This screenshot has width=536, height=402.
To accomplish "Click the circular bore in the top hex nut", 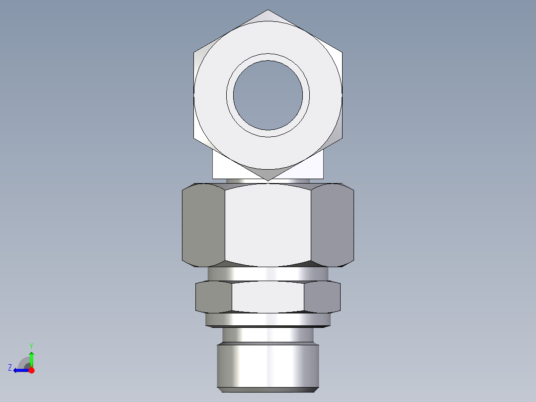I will [x=268, y=95].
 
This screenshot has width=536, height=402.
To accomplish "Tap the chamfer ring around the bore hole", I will [x=268, y=57].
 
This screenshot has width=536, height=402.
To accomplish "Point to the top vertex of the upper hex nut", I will [x=268, y=10].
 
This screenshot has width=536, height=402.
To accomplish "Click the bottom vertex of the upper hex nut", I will [x=268, y=180].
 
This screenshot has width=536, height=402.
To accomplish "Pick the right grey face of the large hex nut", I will [x=333, y=224].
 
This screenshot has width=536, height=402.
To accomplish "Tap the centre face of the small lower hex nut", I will [x=268, y=297].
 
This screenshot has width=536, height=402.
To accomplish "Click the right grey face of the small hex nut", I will [x=322, y=297].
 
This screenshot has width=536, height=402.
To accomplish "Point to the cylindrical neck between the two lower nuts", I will [x=268, y=274].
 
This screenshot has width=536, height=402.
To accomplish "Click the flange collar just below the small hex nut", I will [x=268, y=319].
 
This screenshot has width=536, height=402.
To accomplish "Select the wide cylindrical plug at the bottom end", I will [x=268, y=366].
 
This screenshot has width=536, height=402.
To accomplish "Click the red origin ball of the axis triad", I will [x=31, y=370].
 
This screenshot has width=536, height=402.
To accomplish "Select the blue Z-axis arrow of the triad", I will [x=20, y=370].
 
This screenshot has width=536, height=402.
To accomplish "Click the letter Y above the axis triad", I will [x=31, y=345].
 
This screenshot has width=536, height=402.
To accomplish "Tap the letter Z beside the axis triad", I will [x=10, y=368].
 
